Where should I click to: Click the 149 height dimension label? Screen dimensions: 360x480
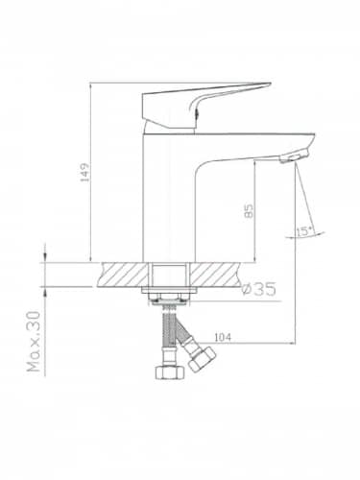click(84, 173)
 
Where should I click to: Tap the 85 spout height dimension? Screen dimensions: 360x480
click(249, 211)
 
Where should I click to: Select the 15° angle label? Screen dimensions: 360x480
click(304, 230)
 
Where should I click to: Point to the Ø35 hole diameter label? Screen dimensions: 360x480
click(259, 289)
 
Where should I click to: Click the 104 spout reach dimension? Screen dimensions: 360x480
click(223, 337)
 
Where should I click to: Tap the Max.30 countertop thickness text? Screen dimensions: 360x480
click(35, 342)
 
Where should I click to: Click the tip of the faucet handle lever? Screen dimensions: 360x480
click(270, 84)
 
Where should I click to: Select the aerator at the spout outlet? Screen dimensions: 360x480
click(293, 157)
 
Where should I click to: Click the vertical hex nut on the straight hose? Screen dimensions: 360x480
click(170, 372)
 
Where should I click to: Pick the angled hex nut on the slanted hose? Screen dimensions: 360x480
click(202, 358)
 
